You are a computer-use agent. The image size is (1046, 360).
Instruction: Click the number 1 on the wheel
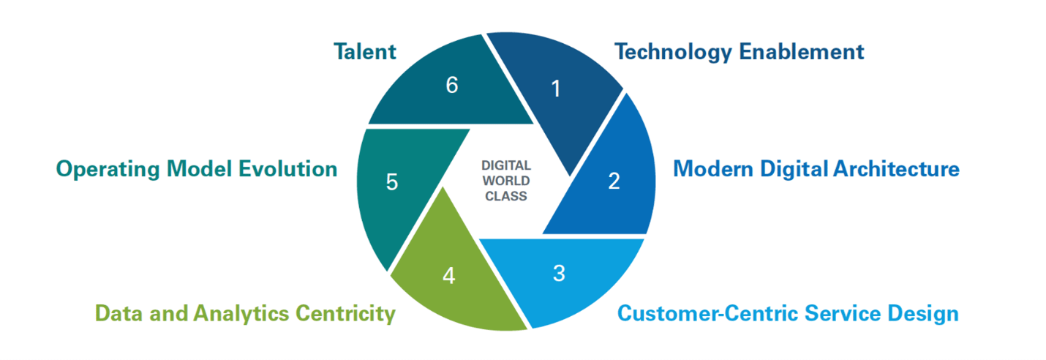[x=556, y=89]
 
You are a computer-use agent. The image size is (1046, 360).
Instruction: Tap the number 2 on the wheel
[x=614, y=181]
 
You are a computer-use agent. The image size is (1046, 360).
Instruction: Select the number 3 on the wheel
[x=559, y=274]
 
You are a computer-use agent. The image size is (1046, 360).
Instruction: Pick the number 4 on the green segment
[x=448, y=277]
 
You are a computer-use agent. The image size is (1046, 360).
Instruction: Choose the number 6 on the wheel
[x=451, y=86]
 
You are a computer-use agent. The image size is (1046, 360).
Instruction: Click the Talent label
[x=364, y=51]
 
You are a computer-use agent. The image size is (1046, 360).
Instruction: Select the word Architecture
[x=897, y=169]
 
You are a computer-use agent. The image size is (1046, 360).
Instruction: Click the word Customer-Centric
[x=709, y=314]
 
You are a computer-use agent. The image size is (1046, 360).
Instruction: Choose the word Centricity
[x=345, y=314]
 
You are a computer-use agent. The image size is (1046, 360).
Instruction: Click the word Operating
[x=108, y=169]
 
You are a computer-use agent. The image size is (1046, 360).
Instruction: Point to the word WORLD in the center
[x=505, y=181]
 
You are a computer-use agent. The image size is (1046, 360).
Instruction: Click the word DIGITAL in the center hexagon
[x=505, y=166]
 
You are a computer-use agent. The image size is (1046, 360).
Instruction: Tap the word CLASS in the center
[x=505, y=195]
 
